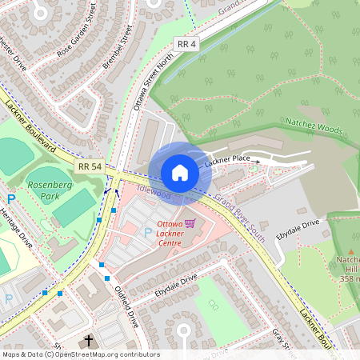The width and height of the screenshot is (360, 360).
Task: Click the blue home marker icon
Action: point(180,173)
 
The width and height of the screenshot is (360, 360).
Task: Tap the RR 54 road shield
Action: point(90,166)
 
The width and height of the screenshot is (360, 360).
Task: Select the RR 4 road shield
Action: point(187,45)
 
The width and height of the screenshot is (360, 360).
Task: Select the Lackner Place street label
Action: point(227,162)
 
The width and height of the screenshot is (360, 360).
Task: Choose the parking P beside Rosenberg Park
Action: point(11,199)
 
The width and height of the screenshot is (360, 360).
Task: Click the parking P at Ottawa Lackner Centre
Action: point(147,232)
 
